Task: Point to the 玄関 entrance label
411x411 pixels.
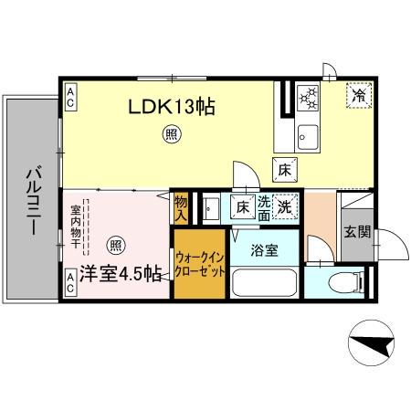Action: [x=356, y=232]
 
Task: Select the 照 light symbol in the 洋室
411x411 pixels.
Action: [x=115, y=245]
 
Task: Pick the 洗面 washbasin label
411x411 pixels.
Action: [x=263, y=207]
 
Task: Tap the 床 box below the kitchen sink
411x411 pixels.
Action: [x=284, y=168]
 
